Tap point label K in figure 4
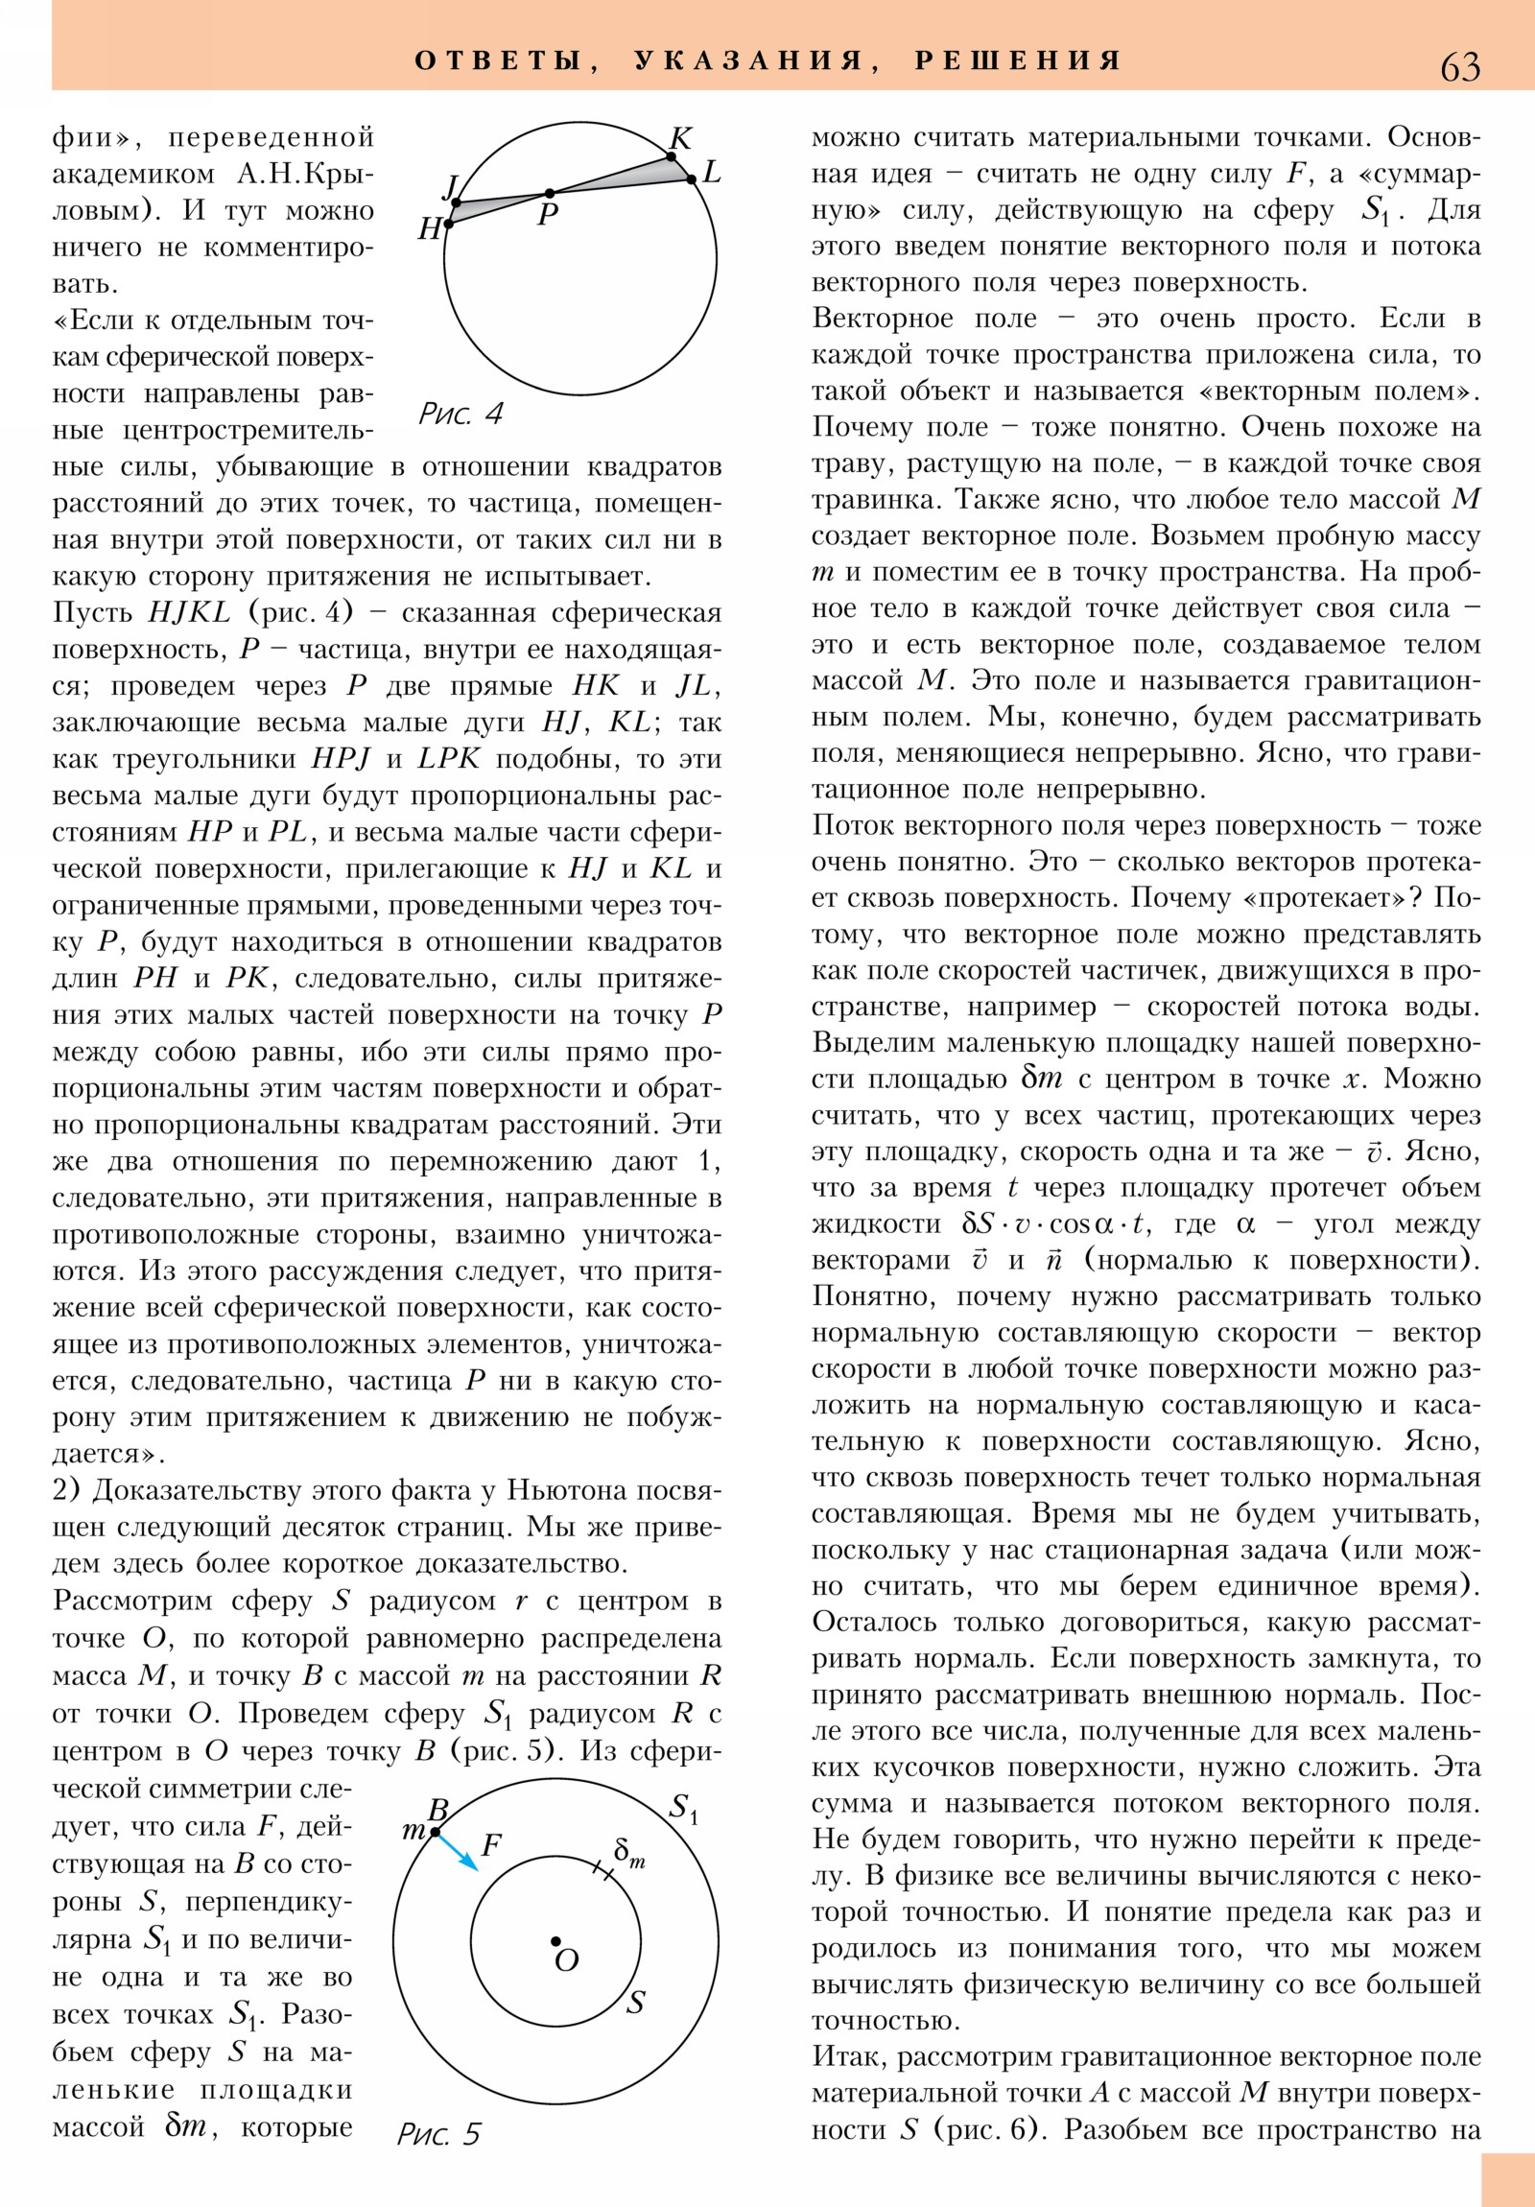(x=680, y=138)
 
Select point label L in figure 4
(x=711, y=173)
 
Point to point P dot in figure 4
(x=549, y=193)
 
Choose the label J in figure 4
(x=450, y=184)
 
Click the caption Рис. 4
(x=460, y=415)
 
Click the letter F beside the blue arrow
(x=491, y=1844)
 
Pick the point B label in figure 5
(x=438, y=1811)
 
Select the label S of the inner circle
(x=635, y=2004)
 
